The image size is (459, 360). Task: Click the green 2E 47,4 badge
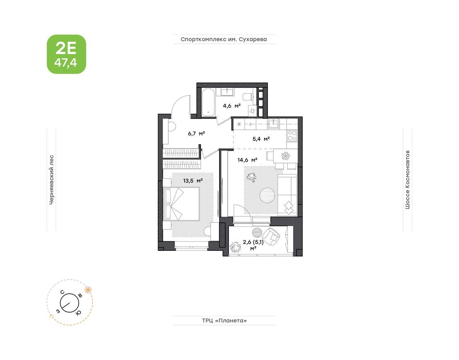pyautogui.click(x=66, y=54)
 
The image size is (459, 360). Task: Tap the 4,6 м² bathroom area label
pyautogui.click(x=231, y=106)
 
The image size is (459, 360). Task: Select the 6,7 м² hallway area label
pyautogui.click(x=196, y=133)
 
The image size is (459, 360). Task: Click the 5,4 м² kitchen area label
pyautogui.click(x=261, y=139)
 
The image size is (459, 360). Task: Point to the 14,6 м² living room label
pyautogui.click(x=247, y=160)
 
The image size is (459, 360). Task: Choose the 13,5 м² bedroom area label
pyautogui.click(x=193, y=180)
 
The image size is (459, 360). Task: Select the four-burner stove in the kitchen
pyautogui.click(x=292, y=135)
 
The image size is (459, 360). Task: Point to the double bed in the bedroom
pyautogui.click(x=181, y=203)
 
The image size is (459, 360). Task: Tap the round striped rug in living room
pyautogui.click(x=267, y=195)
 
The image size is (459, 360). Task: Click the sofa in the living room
pyautogui.click(x=287, y=195)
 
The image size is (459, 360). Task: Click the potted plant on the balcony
pyautogui.click(x=235, y=247)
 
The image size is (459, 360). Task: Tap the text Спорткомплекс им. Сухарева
pyautogui.click(x=224, y=40)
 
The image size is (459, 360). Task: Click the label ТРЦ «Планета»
pyautogui.click(x=224, y=321)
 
